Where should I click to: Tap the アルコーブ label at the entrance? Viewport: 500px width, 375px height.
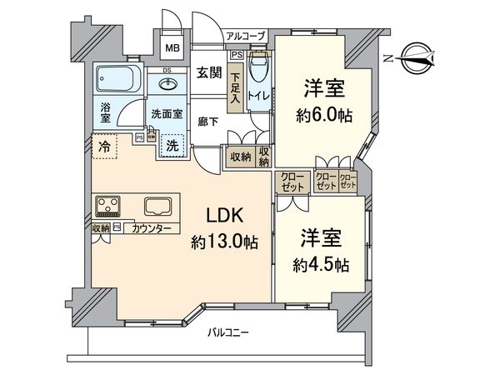[247, 36]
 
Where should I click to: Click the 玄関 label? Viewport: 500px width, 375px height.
[208, 72]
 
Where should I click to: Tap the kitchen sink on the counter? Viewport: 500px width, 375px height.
[157, 207]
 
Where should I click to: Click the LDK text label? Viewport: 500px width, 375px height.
[224, 216]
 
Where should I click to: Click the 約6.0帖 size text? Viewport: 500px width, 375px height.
[322, 114]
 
